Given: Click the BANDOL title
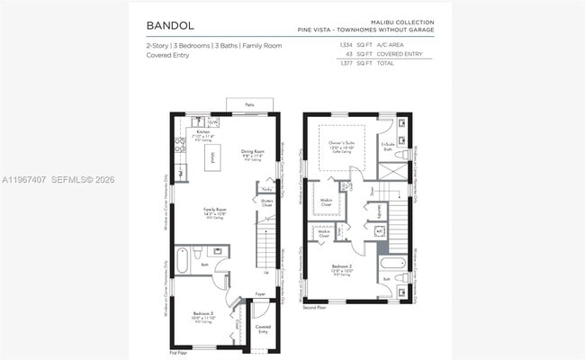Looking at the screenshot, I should coord(169,25).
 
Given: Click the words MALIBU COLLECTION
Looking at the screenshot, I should coord(402,21).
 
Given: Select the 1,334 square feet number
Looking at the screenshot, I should coord(346,44).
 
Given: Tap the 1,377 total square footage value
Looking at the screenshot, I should coord(346,64).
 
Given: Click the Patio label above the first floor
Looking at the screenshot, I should coord(249,105).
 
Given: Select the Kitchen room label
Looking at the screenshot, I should coord(203,131).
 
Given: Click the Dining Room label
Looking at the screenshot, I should coord(252,151).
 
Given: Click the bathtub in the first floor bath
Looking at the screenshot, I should coord(182,261).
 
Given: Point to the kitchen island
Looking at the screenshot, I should coord(212,158).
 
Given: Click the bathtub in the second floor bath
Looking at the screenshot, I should coord(394,264).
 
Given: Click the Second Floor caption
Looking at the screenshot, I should coord(316,308).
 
